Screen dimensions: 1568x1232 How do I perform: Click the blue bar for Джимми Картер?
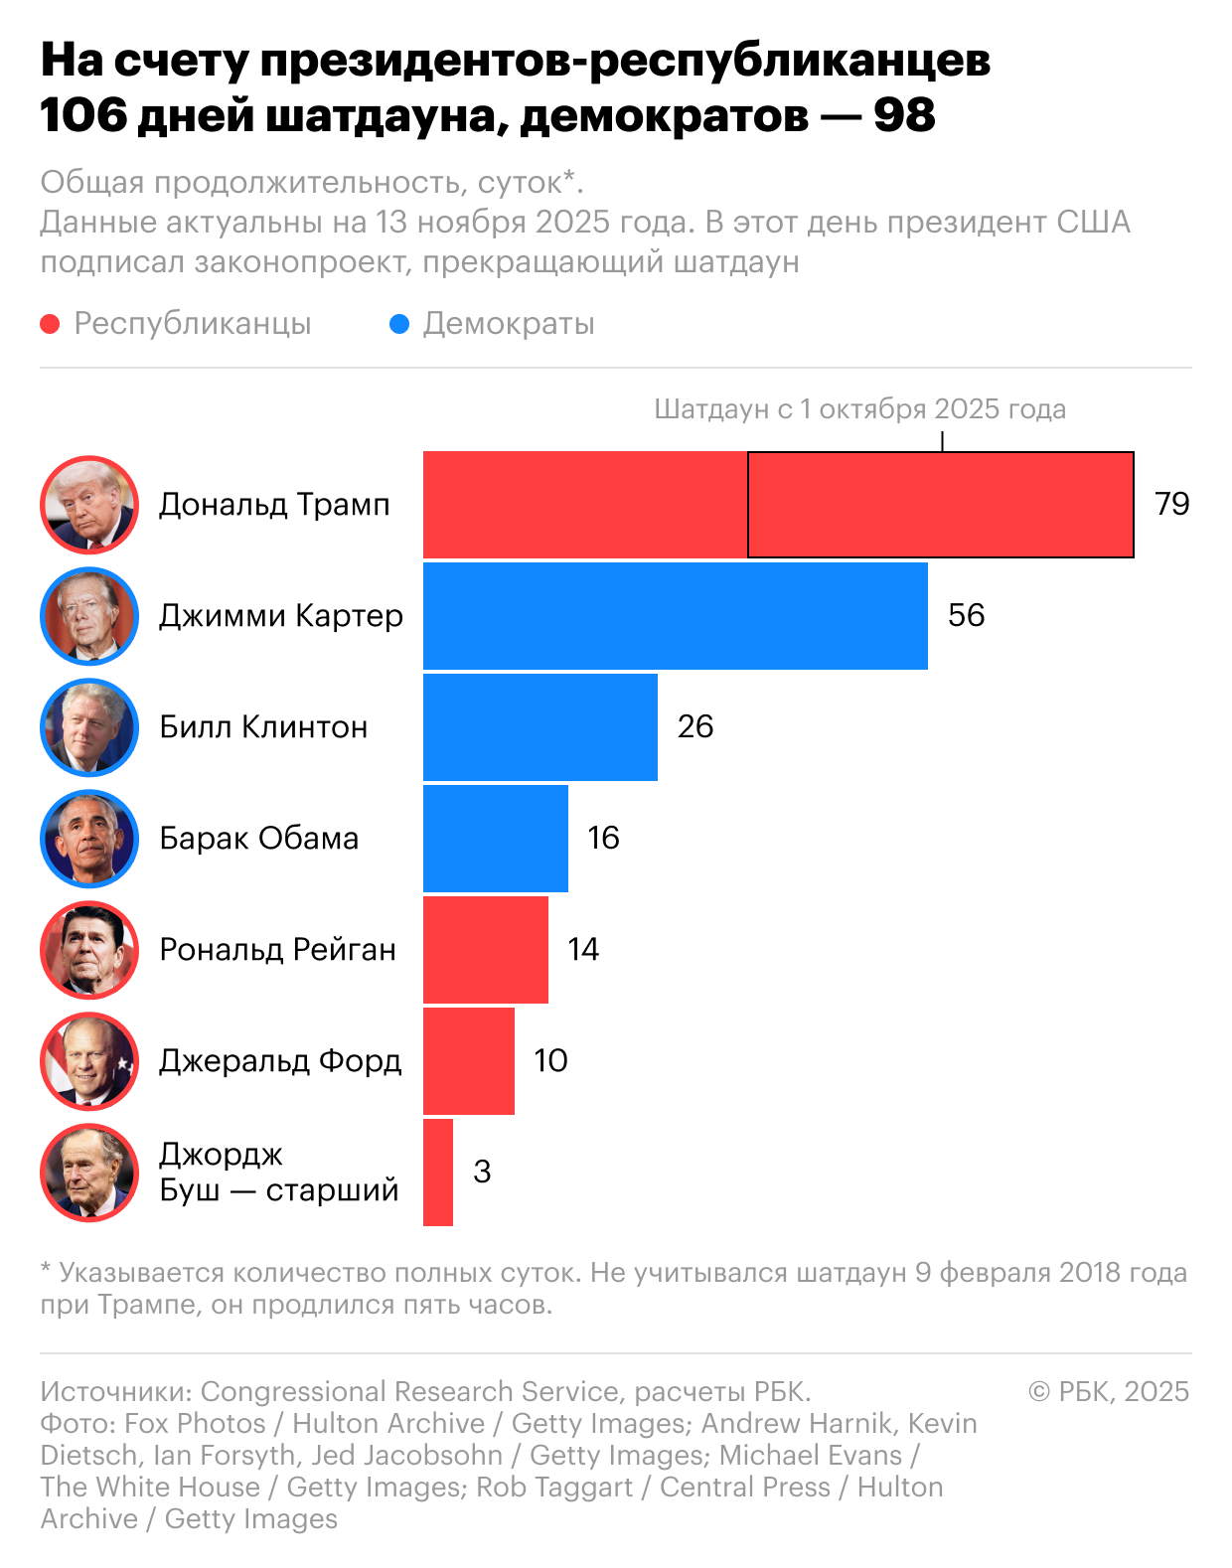[x=675, y=616]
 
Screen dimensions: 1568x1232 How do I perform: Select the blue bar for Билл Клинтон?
[x=539, y=727]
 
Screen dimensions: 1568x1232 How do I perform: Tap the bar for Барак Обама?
[x=495, y=839]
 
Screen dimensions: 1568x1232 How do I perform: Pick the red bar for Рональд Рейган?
[x=485, y=950]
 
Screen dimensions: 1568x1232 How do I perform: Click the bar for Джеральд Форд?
[x=468, y=1061]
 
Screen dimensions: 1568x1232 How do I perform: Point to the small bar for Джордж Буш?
[x=438, y=1173]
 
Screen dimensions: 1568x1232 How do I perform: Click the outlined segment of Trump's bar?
[x=940, y=505]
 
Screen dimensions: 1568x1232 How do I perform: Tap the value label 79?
[x=1172, y=504]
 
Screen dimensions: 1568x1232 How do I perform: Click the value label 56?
[x=966, y=615]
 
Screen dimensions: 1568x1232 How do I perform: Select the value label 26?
[x=695, y=726]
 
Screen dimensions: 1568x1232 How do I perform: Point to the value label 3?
[x=482, y=1172]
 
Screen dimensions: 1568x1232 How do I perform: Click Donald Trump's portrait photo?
[x=89, y=505]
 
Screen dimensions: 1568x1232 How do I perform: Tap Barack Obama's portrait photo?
[x=89, y=839]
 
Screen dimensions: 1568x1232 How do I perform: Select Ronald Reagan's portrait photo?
[x=89, y=950]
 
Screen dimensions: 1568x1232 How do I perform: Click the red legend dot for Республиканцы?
[x=50, y=324]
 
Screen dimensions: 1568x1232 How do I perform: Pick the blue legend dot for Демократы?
[x=399, y=324]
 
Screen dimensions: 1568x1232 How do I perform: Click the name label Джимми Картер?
[x=281, y=616]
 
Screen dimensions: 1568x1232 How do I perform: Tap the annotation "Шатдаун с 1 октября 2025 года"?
[x=859, y=409]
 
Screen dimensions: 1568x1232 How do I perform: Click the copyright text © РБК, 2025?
[x=1109, y=1391]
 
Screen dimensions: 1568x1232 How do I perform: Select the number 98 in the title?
[x=904, y=115]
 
